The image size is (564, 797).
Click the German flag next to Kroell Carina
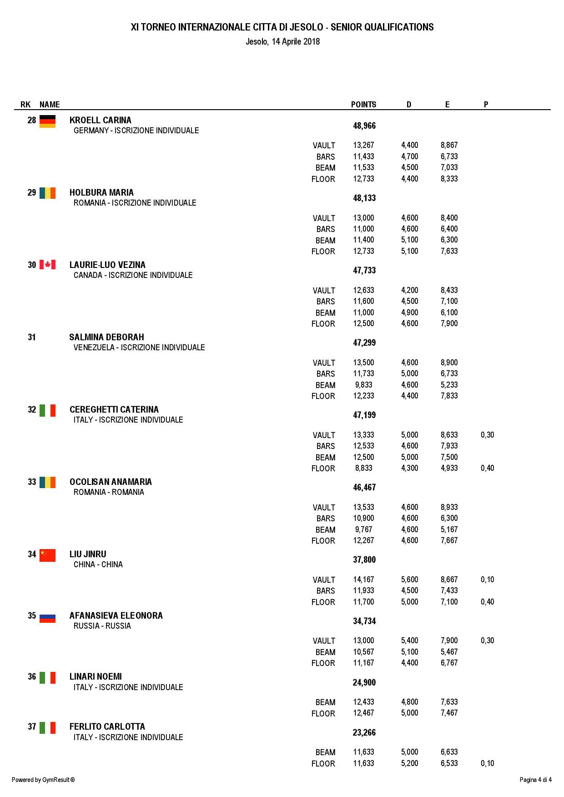pos(47,121)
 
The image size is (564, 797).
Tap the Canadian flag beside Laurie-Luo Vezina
pos(47,265)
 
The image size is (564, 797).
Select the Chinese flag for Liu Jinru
pos(47,555)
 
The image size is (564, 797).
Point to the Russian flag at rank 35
pos(47,618)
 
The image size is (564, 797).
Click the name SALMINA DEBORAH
pos(106,337)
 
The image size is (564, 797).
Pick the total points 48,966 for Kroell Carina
pos(364,126)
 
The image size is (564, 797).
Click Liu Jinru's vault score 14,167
pos(363,580)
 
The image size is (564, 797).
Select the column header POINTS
pos(363,105)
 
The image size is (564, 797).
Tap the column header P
pos(486,105)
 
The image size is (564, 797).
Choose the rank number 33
pos(31,482)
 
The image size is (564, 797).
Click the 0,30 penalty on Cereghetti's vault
pos(487,435)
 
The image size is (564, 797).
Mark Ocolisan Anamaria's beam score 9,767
pos(363,530)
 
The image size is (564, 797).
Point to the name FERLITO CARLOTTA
pos(107,726)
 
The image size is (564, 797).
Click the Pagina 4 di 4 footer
pos(535,780)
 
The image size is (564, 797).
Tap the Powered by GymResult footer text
pos(43,780)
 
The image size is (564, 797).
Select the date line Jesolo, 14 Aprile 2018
pos(282,42)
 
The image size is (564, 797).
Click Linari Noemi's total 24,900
pos(364,682)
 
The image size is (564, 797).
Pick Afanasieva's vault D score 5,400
pos(409,641)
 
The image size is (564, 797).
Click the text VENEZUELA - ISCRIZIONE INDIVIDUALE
pos(139,348)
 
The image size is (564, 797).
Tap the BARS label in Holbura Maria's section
pos(326,229)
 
